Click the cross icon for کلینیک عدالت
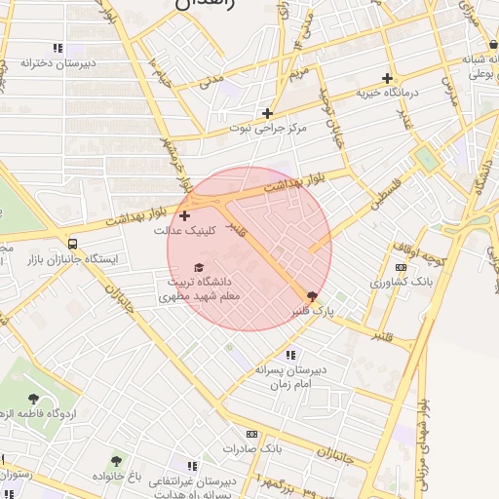tap(185, 214)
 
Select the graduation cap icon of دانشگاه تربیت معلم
tap(199, 267)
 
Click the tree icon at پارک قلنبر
tap(312, 294)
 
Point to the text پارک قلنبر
tap(313, 310)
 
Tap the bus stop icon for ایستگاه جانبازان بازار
tap(73, 244)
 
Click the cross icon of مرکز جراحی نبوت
tap(267, 113)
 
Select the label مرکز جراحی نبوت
tap(267, 128)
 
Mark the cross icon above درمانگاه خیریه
tap(387, 78)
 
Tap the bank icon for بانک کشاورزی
tap(400, 266)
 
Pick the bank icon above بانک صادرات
tap(251, 434)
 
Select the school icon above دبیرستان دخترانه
tap(58, 48)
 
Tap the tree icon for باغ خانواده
tap(117, 460)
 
